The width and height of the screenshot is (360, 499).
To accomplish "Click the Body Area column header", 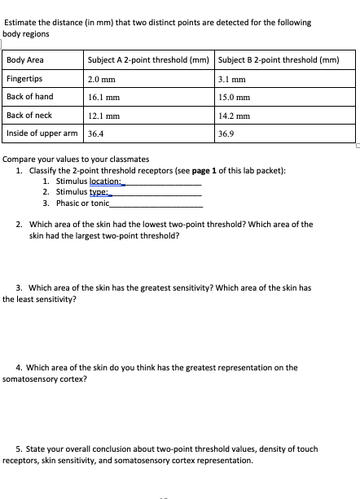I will point(25,60).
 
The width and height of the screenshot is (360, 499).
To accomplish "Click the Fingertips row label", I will point(24,79).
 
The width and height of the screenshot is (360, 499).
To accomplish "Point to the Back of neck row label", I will point(29,116).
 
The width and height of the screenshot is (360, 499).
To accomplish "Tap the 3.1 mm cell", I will point(232,79).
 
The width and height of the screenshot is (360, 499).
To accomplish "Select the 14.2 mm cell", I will point(235,116).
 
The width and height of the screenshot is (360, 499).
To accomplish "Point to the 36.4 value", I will point(96,134).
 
